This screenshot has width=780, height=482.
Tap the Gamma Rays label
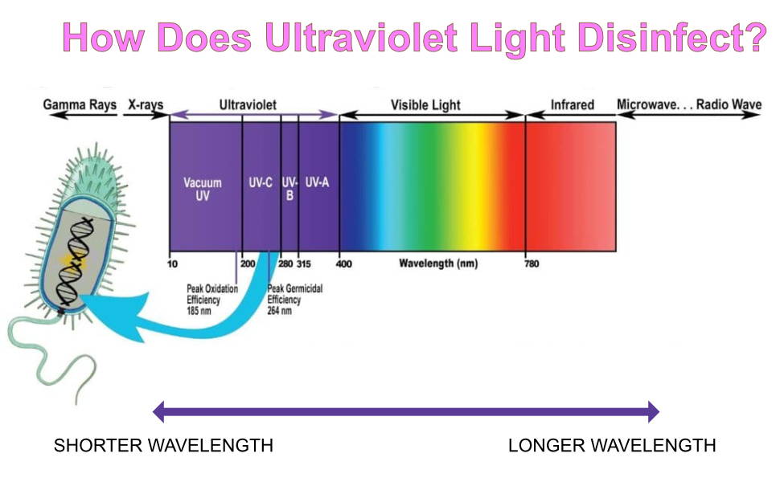click(x=80, y=105)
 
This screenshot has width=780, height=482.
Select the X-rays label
click(x=146, y=105)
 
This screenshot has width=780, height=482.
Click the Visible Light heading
click(x=425, y=105)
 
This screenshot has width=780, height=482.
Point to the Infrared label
click(x=572, y=105)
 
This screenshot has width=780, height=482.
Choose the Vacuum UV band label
click(x=203, y=189)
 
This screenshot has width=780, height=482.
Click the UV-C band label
click(x=261, y=182)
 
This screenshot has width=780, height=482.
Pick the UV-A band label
click(x=317, y=182)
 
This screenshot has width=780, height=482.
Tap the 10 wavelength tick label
click(x=172, y=263)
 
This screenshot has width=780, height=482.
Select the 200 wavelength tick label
click(x=248, y=263)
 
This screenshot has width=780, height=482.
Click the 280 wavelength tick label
click(x=285, y=263)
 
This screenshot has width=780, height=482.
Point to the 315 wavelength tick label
click(x=304, y=263)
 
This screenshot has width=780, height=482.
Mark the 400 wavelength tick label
click(x=343, y=263)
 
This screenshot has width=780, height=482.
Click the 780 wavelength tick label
click(x=532, y=263)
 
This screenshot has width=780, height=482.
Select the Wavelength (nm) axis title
click(x=438, y=263)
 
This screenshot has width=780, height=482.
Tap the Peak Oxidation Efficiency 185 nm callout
click(x=212, y=300)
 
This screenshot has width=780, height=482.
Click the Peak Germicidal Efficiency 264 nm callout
click(x=294, y=300)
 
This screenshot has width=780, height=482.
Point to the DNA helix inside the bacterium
click(x=75, y=263)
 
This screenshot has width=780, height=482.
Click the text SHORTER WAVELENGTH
click(x=164, y=445)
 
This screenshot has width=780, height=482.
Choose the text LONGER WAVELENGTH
click(x=612, y=445)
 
